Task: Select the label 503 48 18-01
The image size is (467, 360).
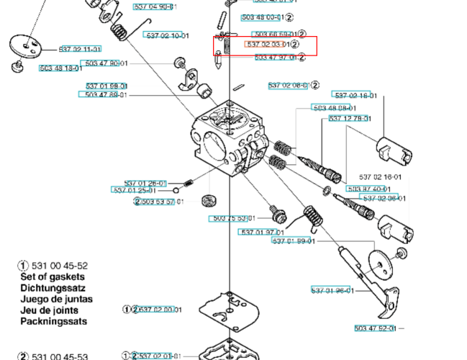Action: [x=60, y=68]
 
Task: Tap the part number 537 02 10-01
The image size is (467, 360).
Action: [x=167, y=35]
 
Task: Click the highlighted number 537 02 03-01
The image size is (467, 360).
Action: [x=268, y=45]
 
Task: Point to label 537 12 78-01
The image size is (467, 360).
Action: [x=350, y=118]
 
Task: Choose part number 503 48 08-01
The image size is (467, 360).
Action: [x=333, y=108]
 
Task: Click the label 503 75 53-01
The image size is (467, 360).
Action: [x=232, y=218]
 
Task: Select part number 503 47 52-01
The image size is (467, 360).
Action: [x=375, y=328]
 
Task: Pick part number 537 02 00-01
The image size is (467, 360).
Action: [x=158, y=310]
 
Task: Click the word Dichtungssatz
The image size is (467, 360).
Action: [x=52, y=288]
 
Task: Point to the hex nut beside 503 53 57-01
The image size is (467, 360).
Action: [x=209, y=200]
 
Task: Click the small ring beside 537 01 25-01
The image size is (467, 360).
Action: [x=175, y=190]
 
